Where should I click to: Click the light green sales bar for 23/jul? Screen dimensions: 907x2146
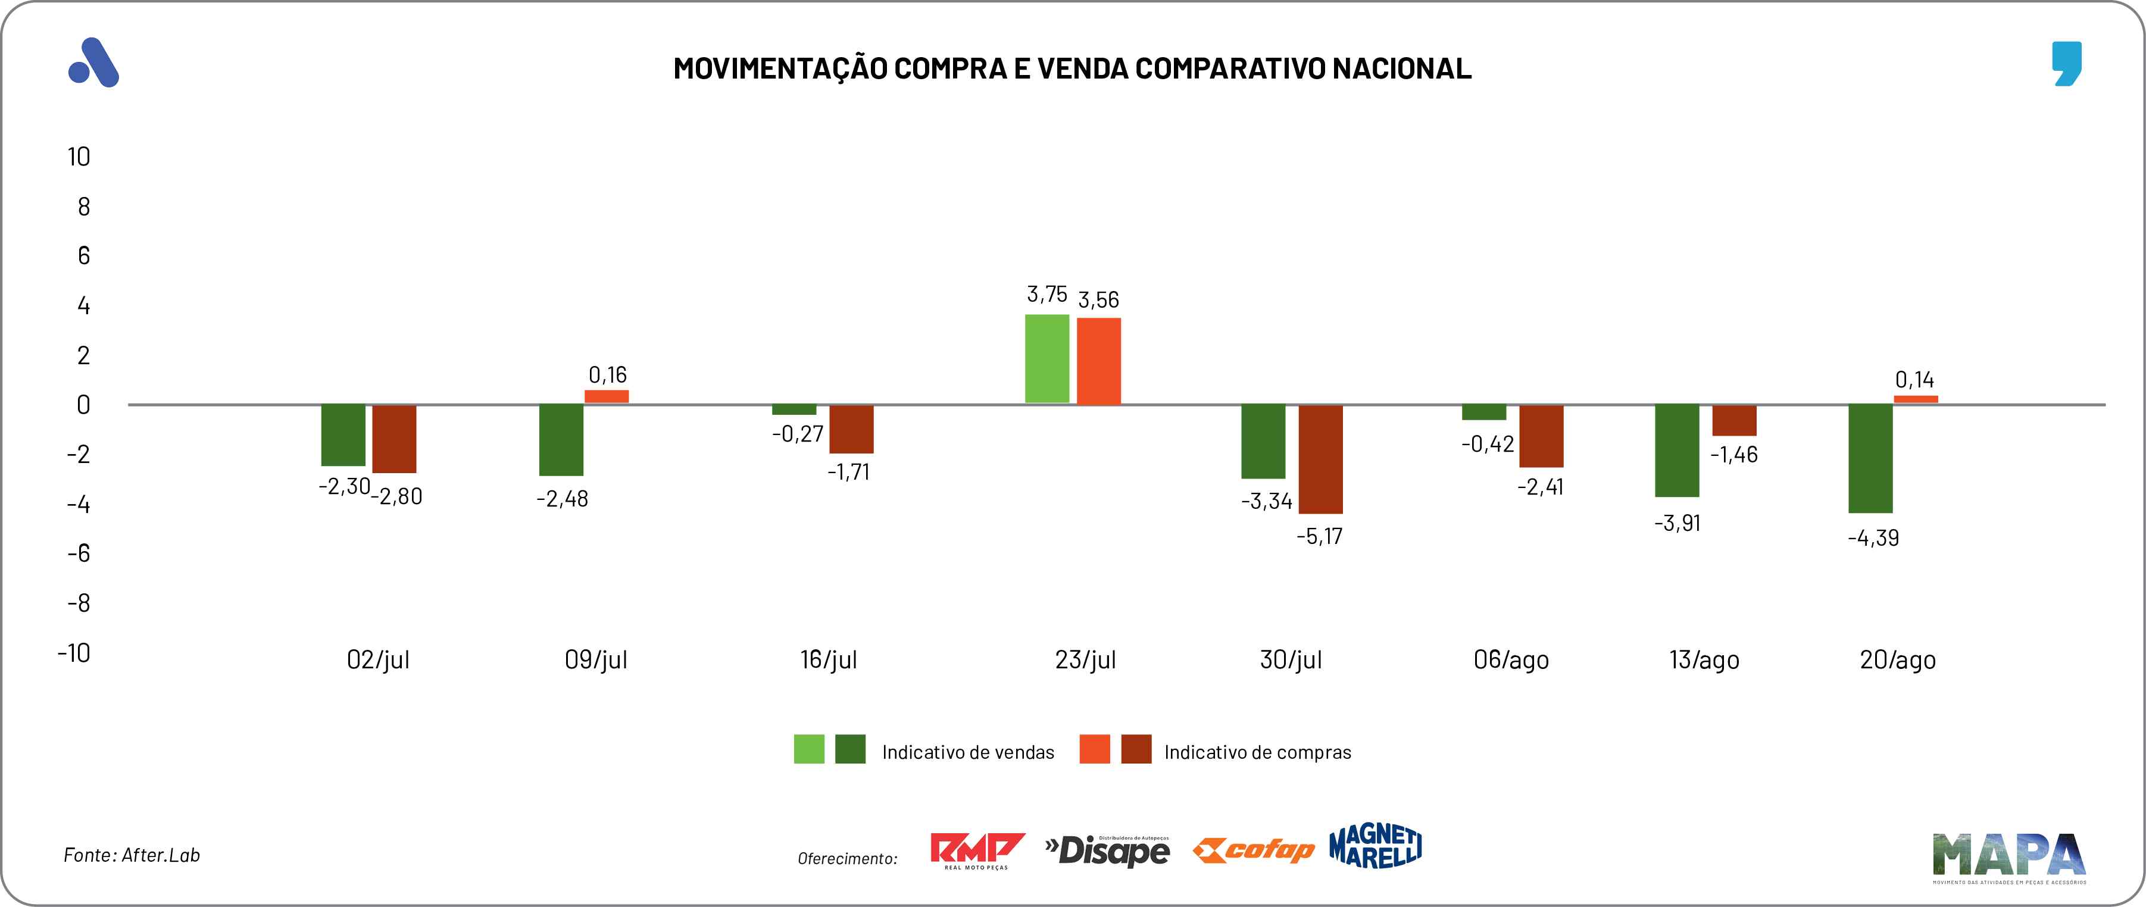click(1047, 359)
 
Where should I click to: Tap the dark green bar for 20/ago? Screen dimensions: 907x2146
click(1870, 458)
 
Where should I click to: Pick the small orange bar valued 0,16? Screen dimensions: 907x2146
click(607, 396)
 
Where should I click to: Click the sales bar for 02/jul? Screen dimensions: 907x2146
click(343, 435)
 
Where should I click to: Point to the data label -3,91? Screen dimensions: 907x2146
click(1677, 523)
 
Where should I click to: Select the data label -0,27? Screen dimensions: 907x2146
click(797, 434)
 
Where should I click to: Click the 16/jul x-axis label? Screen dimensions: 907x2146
click(828, 659)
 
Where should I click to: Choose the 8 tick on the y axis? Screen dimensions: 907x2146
click(83, 207)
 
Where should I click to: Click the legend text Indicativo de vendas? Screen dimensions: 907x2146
click(967, 752)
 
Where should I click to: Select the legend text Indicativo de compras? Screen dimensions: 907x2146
click(1257, 752)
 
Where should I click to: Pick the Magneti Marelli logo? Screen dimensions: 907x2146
click(1376, 846)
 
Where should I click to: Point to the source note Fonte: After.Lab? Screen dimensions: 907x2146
click(132, 855)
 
